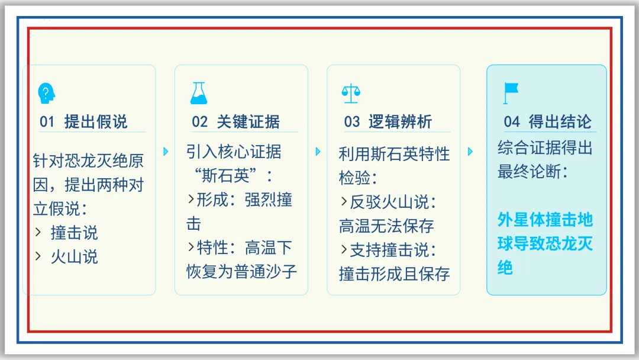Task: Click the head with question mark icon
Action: click(47, 93)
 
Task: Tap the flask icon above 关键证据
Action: click(199, 93)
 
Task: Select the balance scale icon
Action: click(351, 93)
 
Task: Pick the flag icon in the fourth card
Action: click(510, 93)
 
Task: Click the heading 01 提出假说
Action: click(83, 122)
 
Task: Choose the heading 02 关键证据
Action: click(235, 122)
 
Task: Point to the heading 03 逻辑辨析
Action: click(388, 122)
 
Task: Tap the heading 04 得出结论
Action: click(547, 122)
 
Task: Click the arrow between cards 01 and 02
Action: click(166, 152)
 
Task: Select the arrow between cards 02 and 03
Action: click(318, 152)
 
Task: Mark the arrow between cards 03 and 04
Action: click(470, 152)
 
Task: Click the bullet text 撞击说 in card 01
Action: click(74, 233)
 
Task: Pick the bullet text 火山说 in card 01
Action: click(74, 256)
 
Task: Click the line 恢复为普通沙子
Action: click(241, 271)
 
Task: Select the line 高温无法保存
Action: click(386, 226)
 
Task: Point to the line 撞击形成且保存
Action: click(394, 274)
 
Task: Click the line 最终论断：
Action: click(533, 172)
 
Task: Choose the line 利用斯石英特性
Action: click(394, 154)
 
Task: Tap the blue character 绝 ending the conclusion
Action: click(505, 268)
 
